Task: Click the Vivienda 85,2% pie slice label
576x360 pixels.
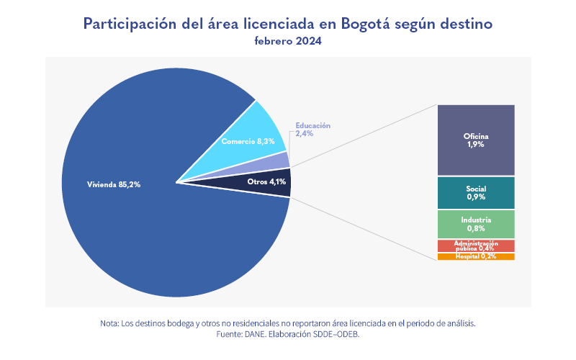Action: tap(113, 184)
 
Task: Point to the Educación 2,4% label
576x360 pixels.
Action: tap(312, 129)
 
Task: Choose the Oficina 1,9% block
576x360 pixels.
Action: tap(476, 140)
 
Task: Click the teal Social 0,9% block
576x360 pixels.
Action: tap(476, 192)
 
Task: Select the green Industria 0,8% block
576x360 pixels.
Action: tap(476, 224)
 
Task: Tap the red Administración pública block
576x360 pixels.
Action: tap(476, 246)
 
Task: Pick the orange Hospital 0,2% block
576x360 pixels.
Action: tap(476, 257)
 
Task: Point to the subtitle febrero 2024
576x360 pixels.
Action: tap(288, 41)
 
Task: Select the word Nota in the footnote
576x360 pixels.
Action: tap(110, 323)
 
